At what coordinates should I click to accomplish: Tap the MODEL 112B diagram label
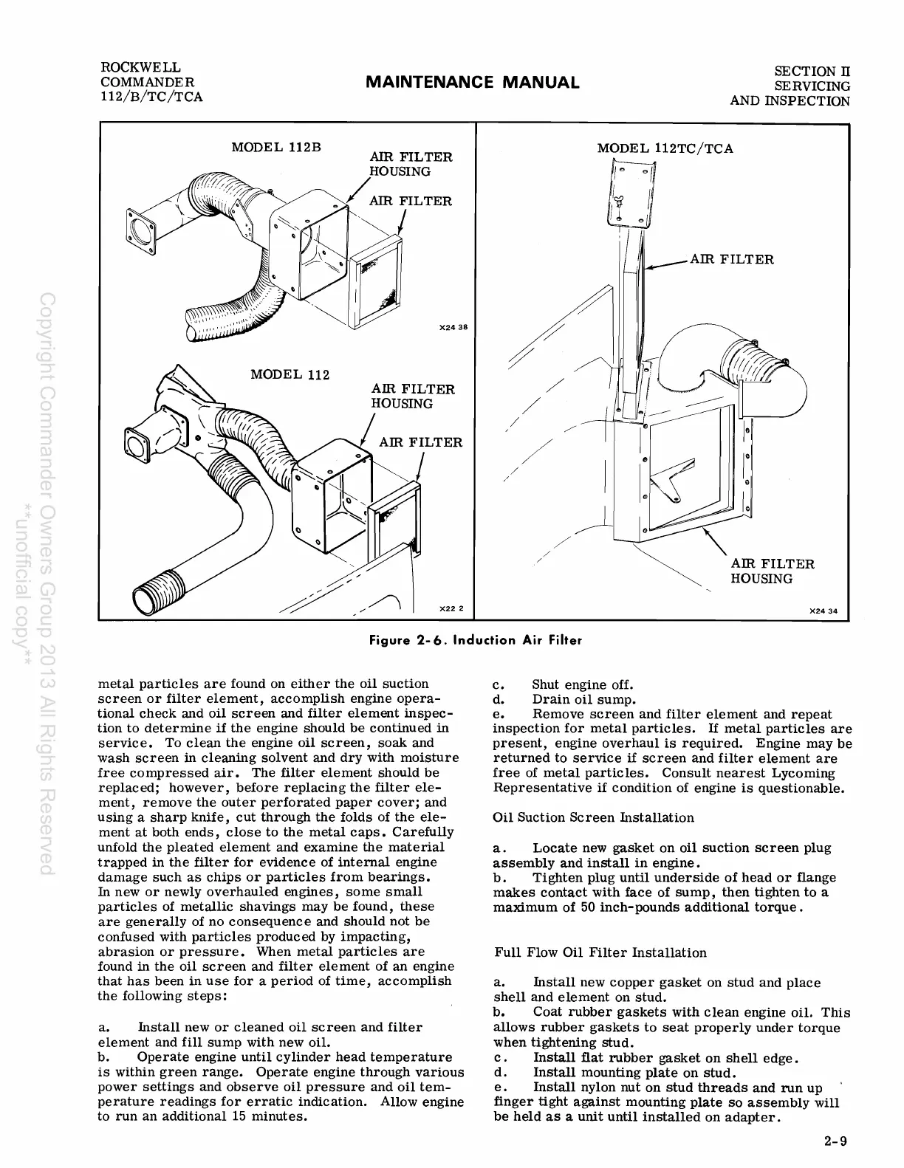(x=276, y=145)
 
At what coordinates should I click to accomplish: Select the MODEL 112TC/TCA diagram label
(x=665, y=148)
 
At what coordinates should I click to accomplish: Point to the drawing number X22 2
(x=451, y=609)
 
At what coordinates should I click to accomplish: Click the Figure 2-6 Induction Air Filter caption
(x=476, y=640)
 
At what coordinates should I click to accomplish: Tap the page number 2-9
(x=836, y=1141)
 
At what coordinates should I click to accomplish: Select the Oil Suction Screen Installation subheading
(x=593, y=817)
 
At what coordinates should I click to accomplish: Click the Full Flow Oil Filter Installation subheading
(x=600, y=952)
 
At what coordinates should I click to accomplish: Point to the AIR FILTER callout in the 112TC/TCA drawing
(x=731, y=259)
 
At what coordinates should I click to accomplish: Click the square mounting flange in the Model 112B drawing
(x=138, y=222)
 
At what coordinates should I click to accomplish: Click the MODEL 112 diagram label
(x=290, y=374)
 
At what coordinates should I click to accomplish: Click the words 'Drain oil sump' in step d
(x=583, y=699)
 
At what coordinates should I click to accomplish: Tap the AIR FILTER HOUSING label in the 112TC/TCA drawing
(x=772, y=571)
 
